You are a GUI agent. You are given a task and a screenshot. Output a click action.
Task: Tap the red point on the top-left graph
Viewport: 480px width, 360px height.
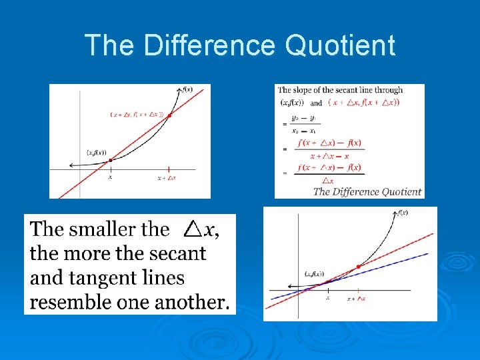pyautogui.click(x=169, y=115)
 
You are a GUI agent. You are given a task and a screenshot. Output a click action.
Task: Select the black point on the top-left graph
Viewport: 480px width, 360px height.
pyautogui.click(x=111, y=160)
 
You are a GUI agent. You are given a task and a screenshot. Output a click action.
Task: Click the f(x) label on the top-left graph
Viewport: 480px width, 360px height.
pyautogui.click(x=187, y=89)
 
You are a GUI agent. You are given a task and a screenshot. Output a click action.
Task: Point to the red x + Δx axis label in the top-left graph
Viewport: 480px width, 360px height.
pyautogui.click(x=167, y=178)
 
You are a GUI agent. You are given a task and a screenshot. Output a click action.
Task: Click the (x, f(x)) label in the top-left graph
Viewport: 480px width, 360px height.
pyautogui.click(x=97, y=153)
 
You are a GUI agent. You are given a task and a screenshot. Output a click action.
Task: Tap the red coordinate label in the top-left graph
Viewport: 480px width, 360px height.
pyautogui.click(x=137, y=115)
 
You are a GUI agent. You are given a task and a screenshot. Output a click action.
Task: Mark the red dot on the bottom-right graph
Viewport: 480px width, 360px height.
pyautogui.click(x=359, y=267)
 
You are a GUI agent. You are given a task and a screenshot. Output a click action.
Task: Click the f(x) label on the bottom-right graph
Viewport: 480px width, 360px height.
pyautogui.click(x=403, y=213)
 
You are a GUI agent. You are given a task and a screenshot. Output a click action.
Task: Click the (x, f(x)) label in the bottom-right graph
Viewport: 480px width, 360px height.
pyautogui.click(x=314, y=273)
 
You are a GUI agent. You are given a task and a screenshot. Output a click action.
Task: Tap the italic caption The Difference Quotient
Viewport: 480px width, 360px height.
pyautogui.click(x=367, y=191)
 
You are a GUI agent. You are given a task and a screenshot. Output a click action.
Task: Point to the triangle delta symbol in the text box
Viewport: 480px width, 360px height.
pyautogui.click(x=193, y=229)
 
